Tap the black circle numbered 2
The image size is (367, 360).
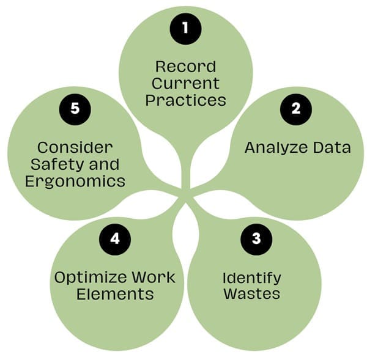296,109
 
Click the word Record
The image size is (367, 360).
185,66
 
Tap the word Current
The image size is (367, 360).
185,82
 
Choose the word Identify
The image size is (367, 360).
251,277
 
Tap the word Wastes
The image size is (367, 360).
251,293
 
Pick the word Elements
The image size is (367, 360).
115,294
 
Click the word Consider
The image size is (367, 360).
75,148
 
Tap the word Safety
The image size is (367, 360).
56,164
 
